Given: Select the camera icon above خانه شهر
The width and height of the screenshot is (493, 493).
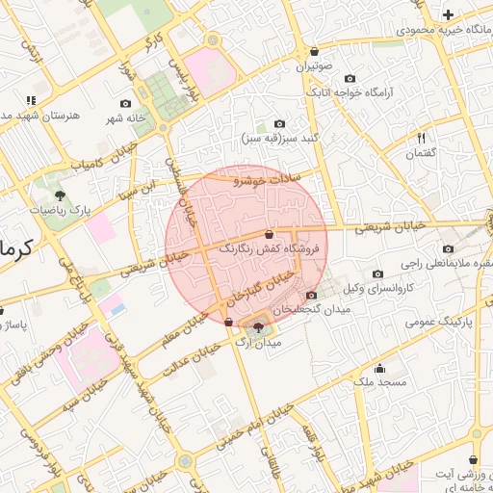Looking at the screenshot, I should point(125,104).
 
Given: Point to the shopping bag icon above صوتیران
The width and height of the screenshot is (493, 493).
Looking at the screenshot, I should point(314,52).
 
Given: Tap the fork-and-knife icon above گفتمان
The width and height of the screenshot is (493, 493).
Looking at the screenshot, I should point(421,139).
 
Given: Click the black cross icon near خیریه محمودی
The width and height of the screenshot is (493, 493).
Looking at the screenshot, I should point(448,14).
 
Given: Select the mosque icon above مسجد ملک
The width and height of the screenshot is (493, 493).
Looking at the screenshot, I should point(379,368).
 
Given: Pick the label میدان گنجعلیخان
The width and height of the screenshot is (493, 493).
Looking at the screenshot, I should point(311,310).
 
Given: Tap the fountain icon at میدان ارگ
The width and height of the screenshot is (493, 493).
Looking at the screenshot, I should point(257,328).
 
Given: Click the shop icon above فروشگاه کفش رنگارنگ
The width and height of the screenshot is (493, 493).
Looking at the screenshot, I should point(269,234).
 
